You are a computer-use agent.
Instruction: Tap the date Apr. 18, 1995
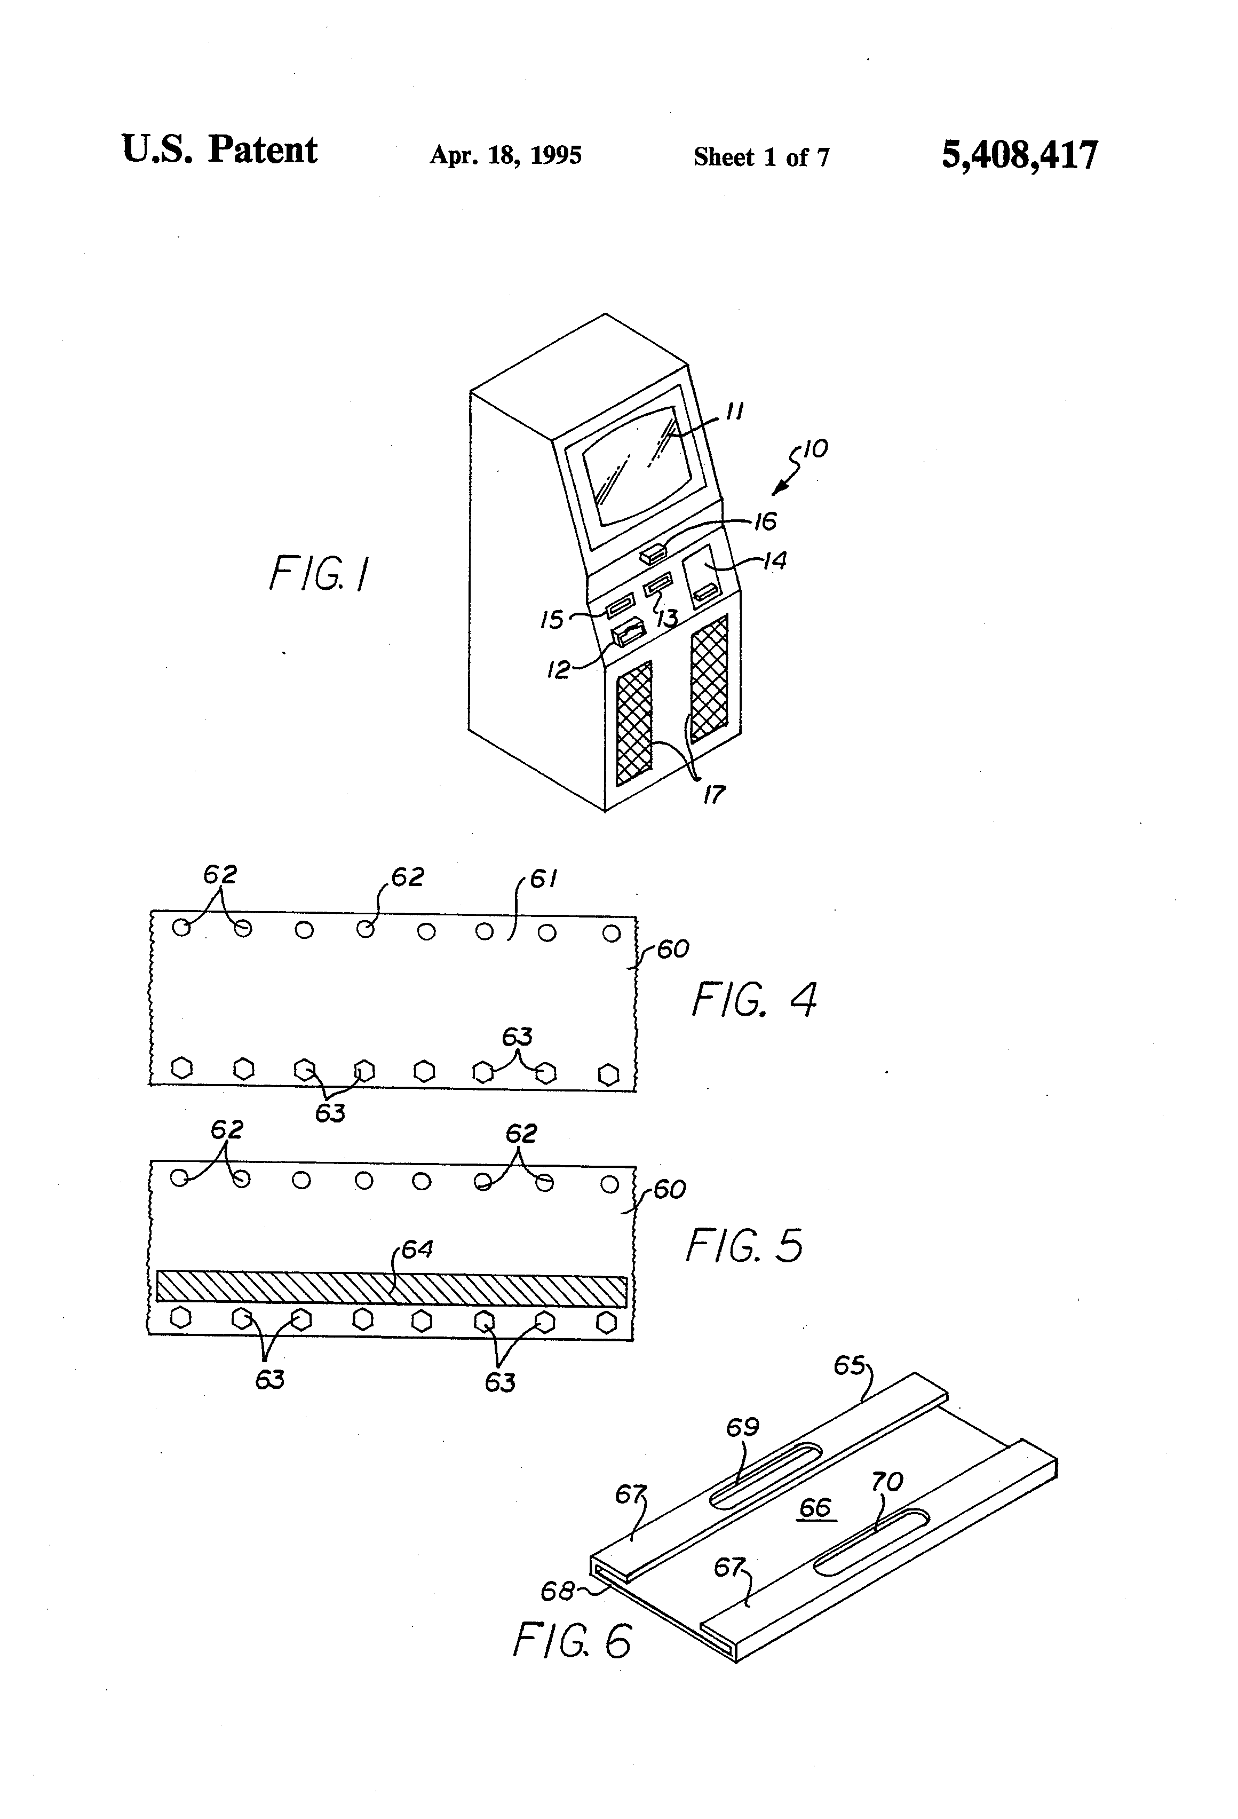tap(505, 155)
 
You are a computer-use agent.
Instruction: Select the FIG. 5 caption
tap(744, 1245)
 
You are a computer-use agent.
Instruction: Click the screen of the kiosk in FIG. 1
tap(636, 466)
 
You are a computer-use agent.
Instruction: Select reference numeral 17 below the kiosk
tap(713, 795)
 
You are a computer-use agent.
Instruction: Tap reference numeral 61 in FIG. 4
tap(543, 879)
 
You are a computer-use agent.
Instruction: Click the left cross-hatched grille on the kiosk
tap(634, 723)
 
